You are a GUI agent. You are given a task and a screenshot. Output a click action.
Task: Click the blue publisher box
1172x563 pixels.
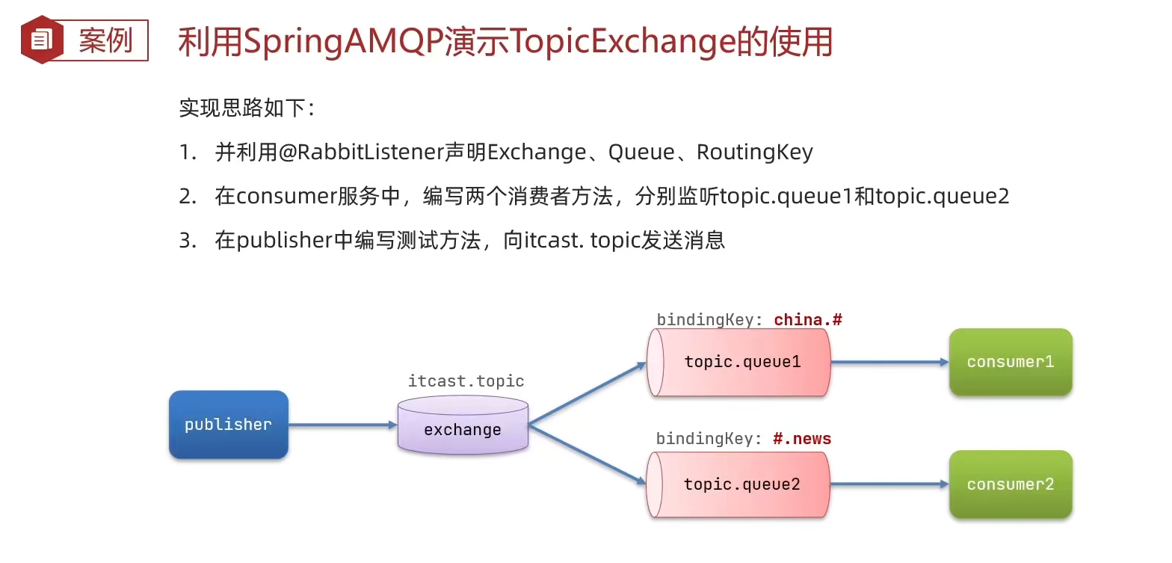[228, 425]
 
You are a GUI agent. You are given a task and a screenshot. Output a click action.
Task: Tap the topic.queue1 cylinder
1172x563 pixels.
[738, 362]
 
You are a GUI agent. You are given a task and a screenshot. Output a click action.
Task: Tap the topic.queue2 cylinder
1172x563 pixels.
[738, 484]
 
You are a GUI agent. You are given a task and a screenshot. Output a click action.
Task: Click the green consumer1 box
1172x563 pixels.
[1011, 362]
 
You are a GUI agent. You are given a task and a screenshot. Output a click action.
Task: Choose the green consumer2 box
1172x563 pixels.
[1011, 484]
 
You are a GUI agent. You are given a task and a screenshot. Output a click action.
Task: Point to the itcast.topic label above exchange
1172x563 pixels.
[466, 381]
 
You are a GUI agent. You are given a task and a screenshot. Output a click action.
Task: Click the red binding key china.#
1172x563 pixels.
[808, 320]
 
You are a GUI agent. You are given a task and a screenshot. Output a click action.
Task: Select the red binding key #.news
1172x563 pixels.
[802, 439]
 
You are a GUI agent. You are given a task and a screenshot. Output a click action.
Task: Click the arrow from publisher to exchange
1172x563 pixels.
[342, 425]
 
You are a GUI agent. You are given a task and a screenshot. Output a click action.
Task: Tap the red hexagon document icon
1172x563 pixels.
[42, 40]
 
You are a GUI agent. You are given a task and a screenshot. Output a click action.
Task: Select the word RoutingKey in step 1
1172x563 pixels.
[754, 153]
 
